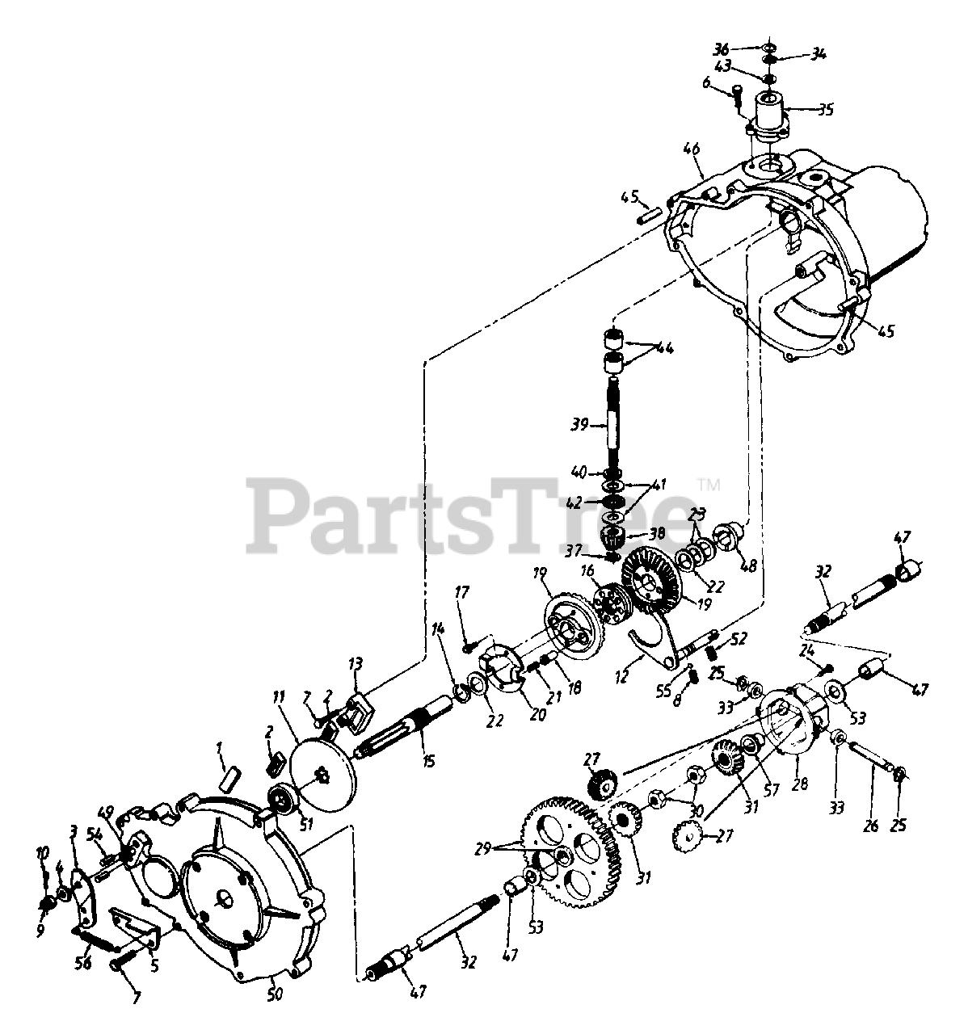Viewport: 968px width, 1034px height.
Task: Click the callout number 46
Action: coord(691,149)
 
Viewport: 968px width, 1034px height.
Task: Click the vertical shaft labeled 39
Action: coord(615,420)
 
